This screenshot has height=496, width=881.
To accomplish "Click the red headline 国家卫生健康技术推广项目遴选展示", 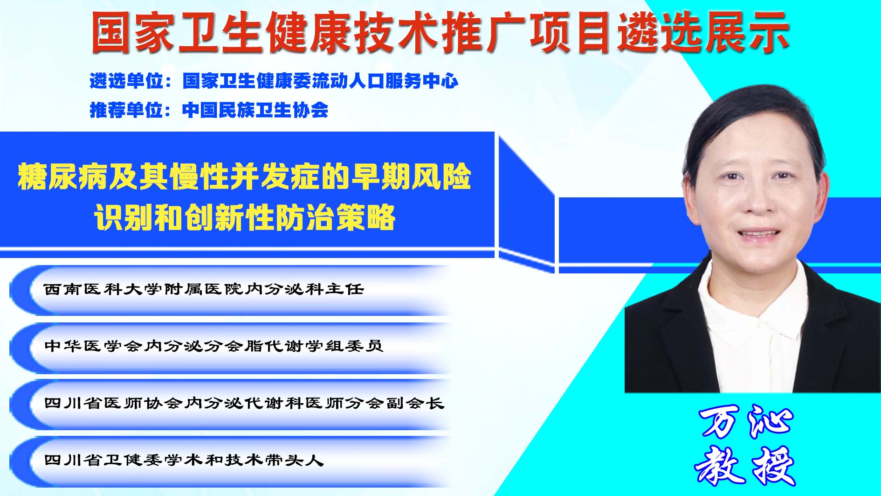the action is click(x=440, y=32).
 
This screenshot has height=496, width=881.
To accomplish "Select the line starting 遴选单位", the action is click(x=274, y=81).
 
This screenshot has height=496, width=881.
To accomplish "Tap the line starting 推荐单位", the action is click(x=209, y=110).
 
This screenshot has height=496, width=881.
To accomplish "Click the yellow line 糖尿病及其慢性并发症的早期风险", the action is click(x=244, y=176).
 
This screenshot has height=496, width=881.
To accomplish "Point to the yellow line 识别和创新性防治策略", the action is click(x=245, y=217).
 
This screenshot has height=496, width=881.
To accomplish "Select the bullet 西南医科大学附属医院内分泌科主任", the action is click(x=204, y=289).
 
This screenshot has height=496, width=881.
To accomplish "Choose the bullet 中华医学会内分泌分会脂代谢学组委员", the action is click(x=213, y=346).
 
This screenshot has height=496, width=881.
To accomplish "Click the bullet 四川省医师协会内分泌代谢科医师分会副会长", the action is click(x=244, y=403).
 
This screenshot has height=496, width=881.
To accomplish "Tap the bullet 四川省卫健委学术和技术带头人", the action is click(x=184, y=460).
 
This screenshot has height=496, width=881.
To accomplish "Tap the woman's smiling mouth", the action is click(x=757, y=233).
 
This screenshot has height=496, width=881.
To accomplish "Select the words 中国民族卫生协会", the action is click(x=255, y=110).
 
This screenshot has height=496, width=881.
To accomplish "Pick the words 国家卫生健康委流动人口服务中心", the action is click(x=320, y=81).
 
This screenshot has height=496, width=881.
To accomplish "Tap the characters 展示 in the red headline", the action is click(x=747, y=32).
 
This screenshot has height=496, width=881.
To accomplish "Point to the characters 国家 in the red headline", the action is click(x=133, y=32).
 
